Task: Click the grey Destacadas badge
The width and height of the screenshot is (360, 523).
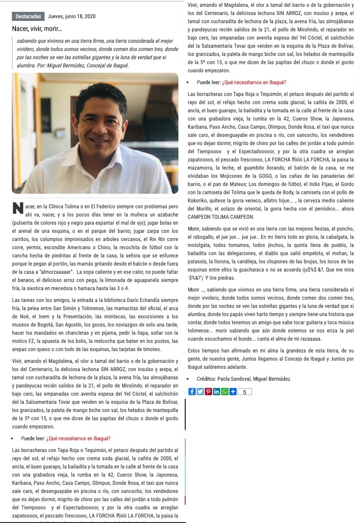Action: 28,16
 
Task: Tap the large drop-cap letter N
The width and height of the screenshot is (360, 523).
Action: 18,208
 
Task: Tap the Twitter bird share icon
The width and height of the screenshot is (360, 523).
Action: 200,392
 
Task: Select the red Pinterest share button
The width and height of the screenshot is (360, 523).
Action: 208,392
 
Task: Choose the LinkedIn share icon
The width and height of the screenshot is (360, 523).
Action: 216,392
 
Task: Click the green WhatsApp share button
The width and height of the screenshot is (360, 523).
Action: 224,392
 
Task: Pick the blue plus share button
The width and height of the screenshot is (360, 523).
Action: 233,392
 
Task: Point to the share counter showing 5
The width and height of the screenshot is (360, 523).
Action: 244,392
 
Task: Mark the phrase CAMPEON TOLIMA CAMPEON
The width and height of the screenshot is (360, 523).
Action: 220,217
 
